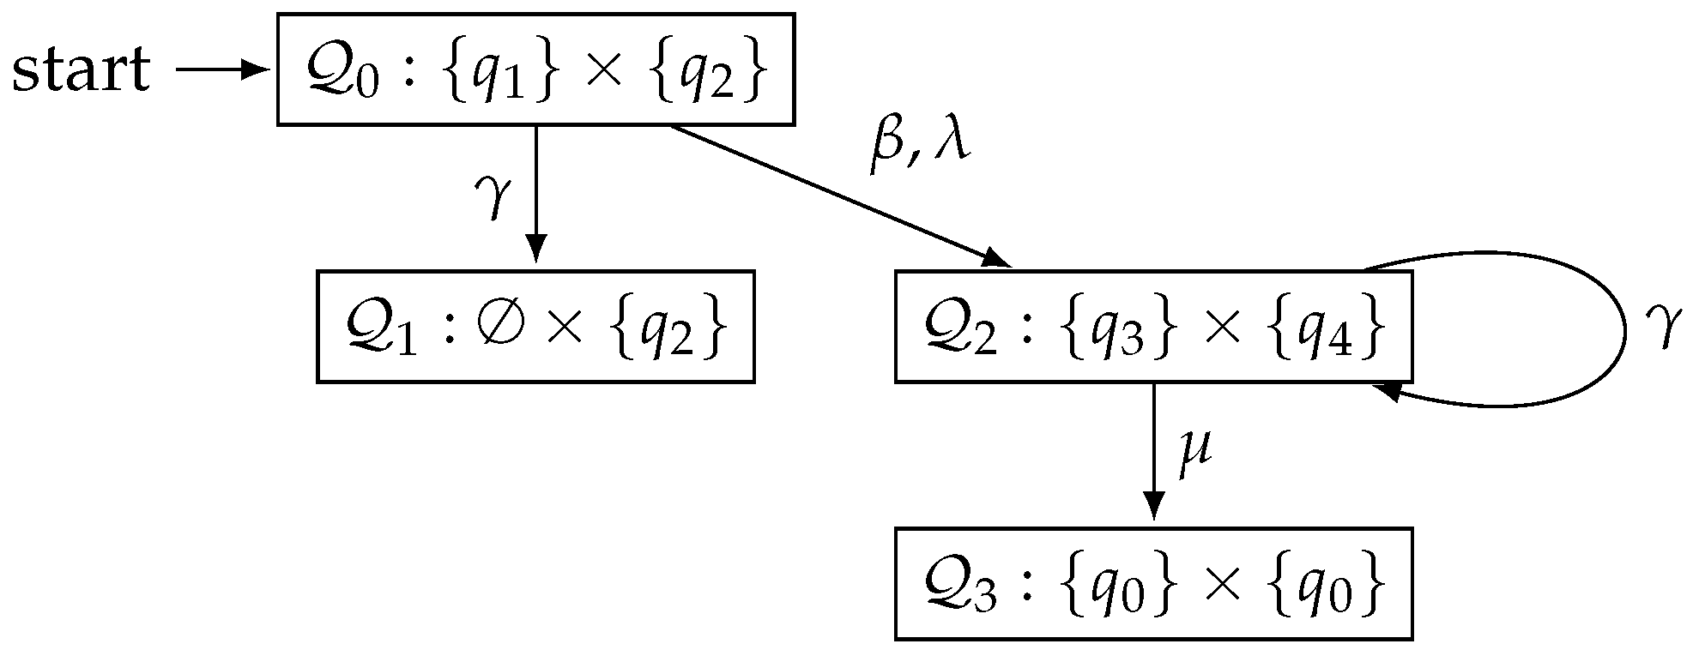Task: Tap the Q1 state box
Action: [535, 327]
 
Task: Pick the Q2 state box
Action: [1153, 327]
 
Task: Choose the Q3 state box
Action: [1153, 584]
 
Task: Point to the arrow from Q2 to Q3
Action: [1154, 450]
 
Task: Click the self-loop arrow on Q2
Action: [1622, 330]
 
